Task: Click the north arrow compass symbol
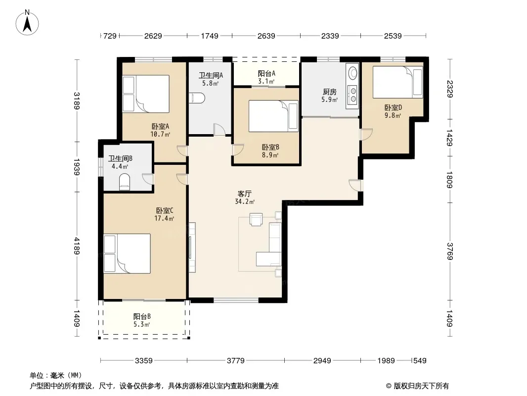coord(27,23)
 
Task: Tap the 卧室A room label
coord(160,127)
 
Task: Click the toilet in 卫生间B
coord(125,182)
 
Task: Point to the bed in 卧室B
coord(273,116)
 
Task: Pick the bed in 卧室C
coord(127,253)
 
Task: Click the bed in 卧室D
coord(397,82)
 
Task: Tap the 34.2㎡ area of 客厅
coord(245,202)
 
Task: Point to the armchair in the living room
coord(256,219)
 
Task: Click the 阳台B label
coord(142,316)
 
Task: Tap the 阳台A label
coord(266,73)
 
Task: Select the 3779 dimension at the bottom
coord(236,361)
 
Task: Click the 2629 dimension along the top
coord(153,36)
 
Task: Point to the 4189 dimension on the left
coord(77,246)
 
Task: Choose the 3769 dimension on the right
coord(450,251)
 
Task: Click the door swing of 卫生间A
coord(219,130)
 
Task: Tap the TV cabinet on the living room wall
coord(192,247)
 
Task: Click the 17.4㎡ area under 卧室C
coord(164,219)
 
